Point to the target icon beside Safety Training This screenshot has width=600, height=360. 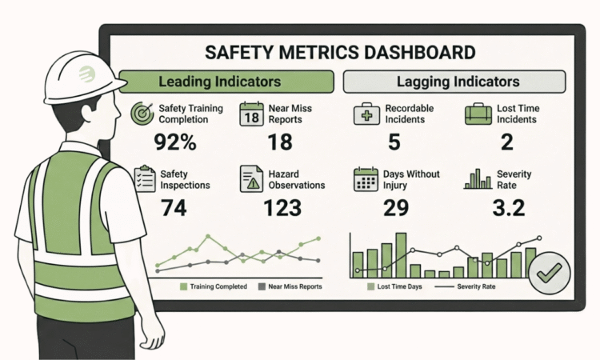(x=142, y=113)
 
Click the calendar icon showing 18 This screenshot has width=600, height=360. (x=252, y=114)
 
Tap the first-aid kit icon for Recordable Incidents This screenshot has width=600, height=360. (x=365, y=114)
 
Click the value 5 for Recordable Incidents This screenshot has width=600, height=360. (x=394, y=142)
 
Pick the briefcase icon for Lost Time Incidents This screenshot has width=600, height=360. (x=478, y=114)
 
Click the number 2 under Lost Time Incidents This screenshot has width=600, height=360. (x=507, y=142)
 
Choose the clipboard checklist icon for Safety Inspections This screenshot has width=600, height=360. (x=144, y=178)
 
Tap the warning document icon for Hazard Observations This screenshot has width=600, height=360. (x=252, y=178)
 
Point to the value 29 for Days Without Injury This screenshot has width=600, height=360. (x=394, y=208)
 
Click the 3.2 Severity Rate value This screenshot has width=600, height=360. (x=509, y=208)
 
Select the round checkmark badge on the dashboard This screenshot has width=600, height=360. (x=550, y=272)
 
